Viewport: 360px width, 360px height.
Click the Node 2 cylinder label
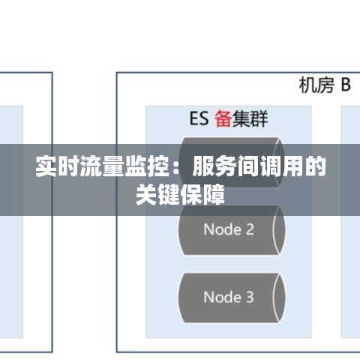coord(229,229)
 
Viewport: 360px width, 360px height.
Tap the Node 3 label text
coord(229,297)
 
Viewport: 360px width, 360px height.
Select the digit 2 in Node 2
coord(250,229)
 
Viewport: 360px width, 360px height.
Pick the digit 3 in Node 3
coord(250,297)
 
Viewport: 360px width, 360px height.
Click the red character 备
coord(223,118)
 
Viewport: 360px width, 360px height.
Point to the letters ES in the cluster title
coord(199,118)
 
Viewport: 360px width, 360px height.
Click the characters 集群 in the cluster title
coord(250,118)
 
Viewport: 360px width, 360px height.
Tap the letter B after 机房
coord(346,85)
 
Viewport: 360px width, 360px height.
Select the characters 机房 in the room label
coord(316,85)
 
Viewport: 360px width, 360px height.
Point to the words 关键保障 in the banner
coord(180,194)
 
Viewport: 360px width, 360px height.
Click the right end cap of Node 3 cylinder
coord(279,298)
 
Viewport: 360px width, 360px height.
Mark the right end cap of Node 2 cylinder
coord(279,230)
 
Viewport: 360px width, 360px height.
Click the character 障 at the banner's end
coord(214,194)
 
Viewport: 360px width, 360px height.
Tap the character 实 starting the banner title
coord(46,166)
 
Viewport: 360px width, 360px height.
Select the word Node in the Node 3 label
coord(223,297)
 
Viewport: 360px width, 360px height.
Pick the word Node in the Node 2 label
coord(223,229)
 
